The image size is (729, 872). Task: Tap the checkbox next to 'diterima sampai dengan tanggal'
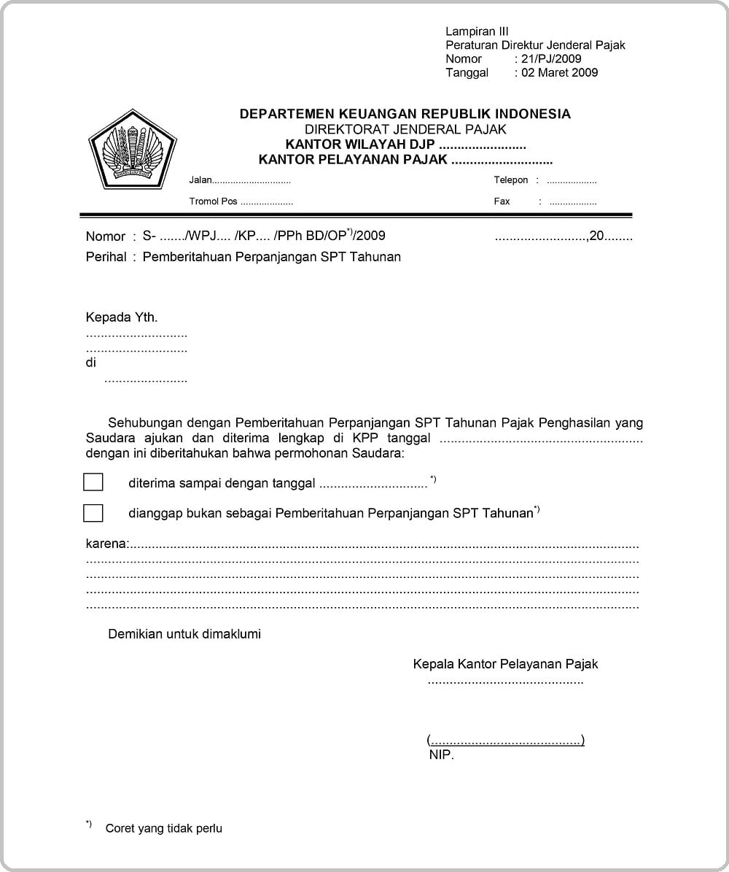93,482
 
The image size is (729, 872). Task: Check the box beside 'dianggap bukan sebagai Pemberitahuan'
93,513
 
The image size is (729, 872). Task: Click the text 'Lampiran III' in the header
477,31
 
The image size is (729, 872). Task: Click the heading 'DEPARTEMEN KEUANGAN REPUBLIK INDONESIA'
405,114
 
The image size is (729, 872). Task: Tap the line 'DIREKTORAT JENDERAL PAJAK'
405,130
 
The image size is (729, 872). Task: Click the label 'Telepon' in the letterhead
510,180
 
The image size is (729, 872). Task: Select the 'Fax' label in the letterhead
502,201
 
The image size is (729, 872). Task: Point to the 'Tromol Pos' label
213,201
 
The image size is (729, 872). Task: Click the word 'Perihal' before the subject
106,257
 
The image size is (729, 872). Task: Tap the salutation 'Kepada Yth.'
122,317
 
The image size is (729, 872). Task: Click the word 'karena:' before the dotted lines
107,544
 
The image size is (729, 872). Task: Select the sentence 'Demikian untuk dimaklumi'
184,634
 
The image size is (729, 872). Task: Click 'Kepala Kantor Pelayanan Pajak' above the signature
505,664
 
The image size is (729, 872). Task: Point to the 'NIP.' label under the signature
441,755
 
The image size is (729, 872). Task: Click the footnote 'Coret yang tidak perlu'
163,828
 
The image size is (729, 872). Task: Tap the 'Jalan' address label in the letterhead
200,180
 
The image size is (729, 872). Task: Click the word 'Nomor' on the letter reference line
106,236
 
